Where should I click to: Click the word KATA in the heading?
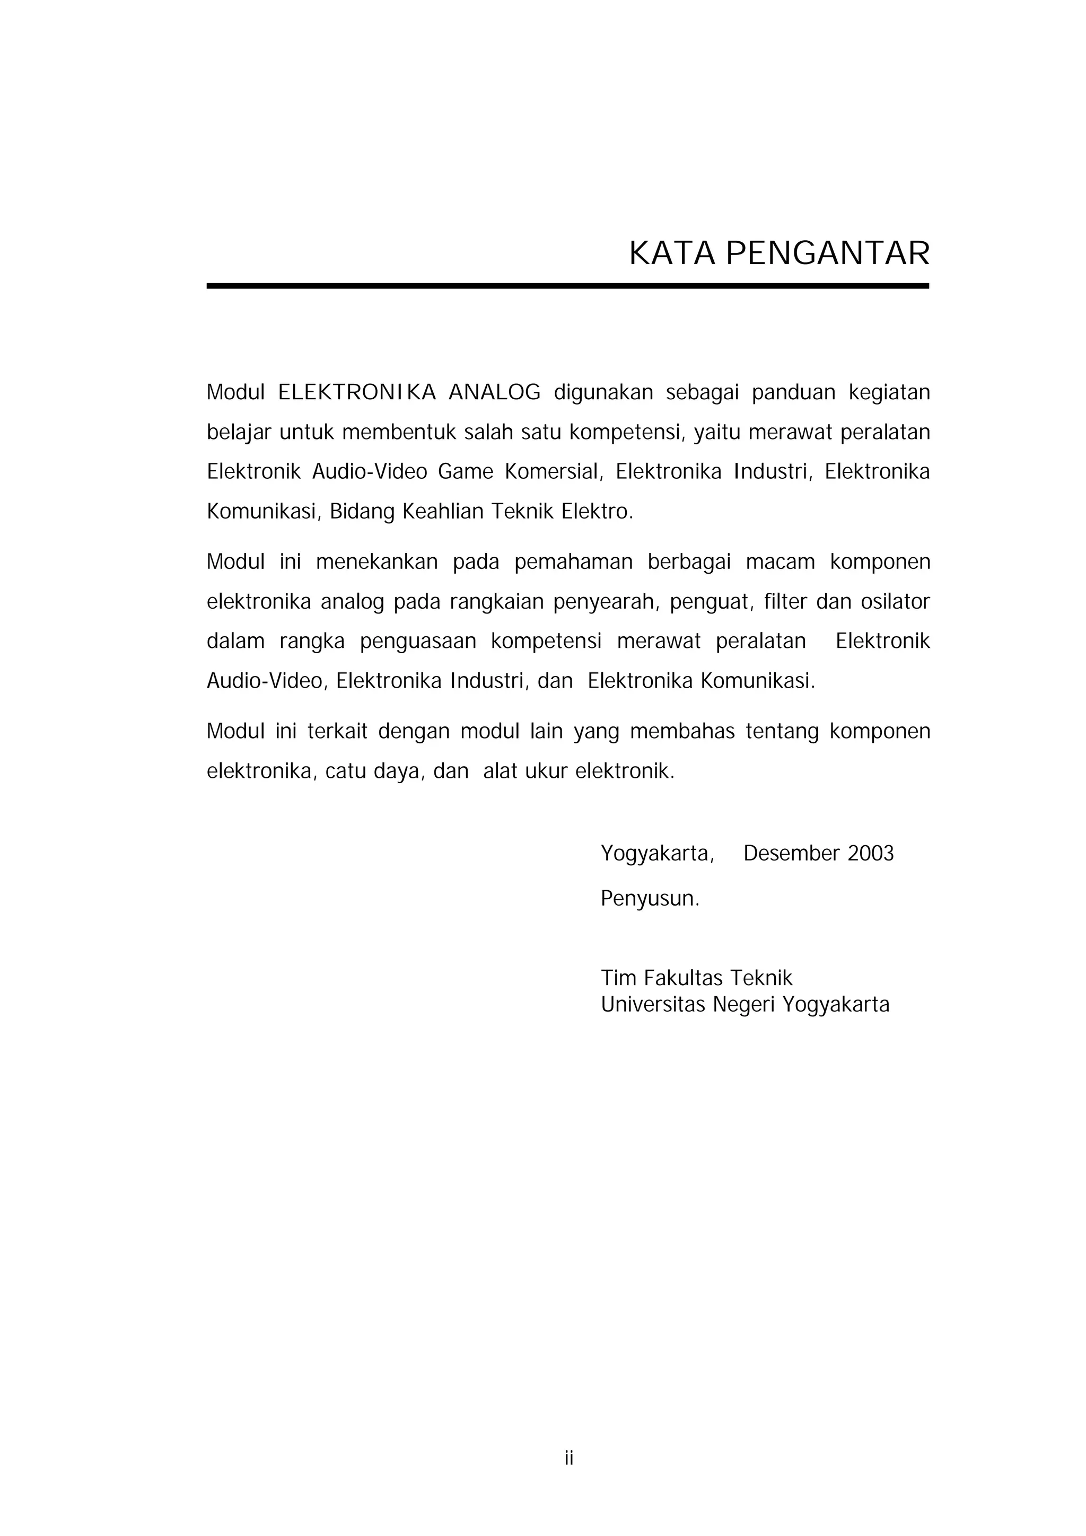(x=672, y=254)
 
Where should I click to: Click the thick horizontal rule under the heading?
(x=567, y=286)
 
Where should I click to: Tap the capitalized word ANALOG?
(x=495, y=393)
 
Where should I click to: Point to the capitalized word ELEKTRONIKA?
(x=357, y=393)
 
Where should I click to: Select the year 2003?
(x=871, y=854)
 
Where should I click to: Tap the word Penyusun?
(x=649, y=899)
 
